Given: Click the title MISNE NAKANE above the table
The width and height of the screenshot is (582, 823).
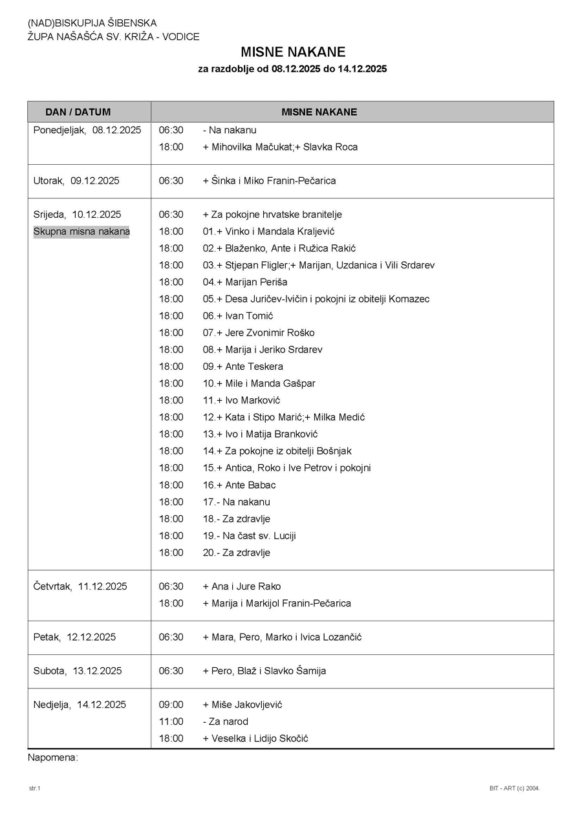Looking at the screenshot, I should [293, 52].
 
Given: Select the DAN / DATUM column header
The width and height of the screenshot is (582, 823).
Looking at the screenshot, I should [78, 112].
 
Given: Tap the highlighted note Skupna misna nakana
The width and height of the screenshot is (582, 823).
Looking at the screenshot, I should [81, 231].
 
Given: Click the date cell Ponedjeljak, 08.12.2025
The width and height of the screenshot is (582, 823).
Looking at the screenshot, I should [87, 130].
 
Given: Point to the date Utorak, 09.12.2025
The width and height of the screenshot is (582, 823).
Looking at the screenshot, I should [76, 181].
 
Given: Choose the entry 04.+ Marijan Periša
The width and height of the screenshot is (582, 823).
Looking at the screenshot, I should [245, 283].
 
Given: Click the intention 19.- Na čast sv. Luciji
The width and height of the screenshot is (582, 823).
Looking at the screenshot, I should [249, 536].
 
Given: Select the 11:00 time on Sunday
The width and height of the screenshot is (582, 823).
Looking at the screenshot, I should [171, 721].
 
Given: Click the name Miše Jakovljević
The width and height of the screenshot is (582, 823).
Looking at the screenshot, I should [246, 705].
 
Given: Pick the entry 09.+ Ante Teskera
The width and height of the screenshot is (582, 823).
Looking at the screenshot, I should [242, 367].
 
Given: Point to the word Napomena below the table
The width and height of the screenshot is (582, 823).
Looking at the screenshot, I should [52, 758].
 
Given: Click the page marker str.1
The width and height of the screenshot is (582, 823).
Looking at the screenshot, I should [34, 789].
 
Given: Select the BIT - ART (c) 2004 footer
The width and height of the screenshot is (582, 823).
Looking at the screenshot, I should [514, 789].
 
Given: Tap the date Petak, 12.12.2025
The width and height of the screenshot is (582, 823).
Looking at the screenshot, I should [74, 637].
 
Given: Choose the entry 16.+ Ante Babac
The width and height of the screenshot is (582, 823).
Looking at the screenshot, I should [239, 485].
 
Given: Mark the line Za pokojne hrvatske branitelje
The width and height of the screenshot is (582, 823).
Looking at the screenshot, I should [272, 215].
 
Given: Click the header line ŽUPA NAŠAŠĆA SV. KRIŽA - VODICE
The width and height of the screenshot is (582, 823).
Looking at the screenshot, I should [113, 37].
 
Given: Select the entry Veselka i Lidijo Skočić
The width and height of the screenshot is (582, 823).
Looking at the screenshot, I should [259, 738].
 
